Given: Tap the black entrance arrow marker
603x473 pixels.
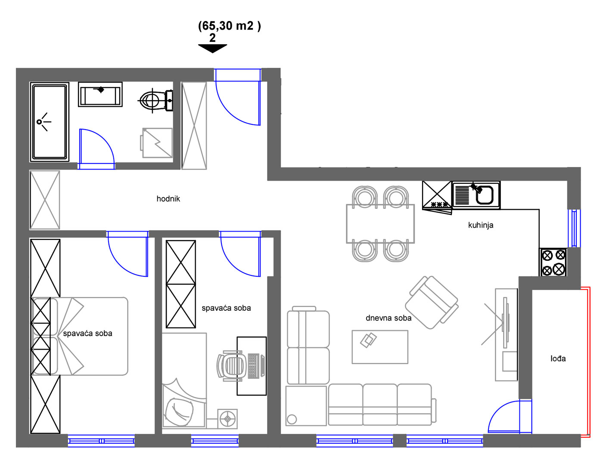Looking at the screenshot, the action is coord(213,49).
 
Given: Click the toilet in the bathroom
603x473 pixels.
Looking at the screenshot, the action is coord(155,100).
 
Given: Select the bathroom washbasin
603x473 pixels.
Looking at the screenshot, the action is coord(100,94).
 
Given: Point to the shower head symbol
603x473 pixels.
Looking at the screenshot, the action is coord(44,122).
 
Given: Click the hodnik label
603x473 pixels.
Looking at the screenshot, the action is coord(168,199).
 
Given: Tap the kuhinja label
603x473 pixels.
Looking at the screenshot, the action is coord(481,225).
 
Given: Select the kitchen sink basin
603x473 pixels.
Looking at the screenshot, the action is coord(485,195).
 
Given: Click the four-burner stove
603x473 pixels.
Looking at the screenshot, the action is coord(553,262).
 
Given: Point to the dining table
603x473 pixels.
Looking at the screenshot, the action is coord(380,224).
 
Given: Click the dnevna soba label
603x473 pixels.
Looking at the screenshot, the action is coord(389,318).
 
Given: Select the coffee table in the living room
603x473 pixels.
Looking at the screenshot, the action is coord(380,347).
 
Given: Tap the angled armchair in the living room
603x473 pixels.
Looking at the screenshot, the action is coord(432,303).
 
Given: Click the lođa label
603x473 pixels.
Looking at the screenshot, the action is coord(558,359).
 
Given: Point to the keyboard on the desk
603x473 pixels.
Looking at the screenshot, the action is coord(253,366).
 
